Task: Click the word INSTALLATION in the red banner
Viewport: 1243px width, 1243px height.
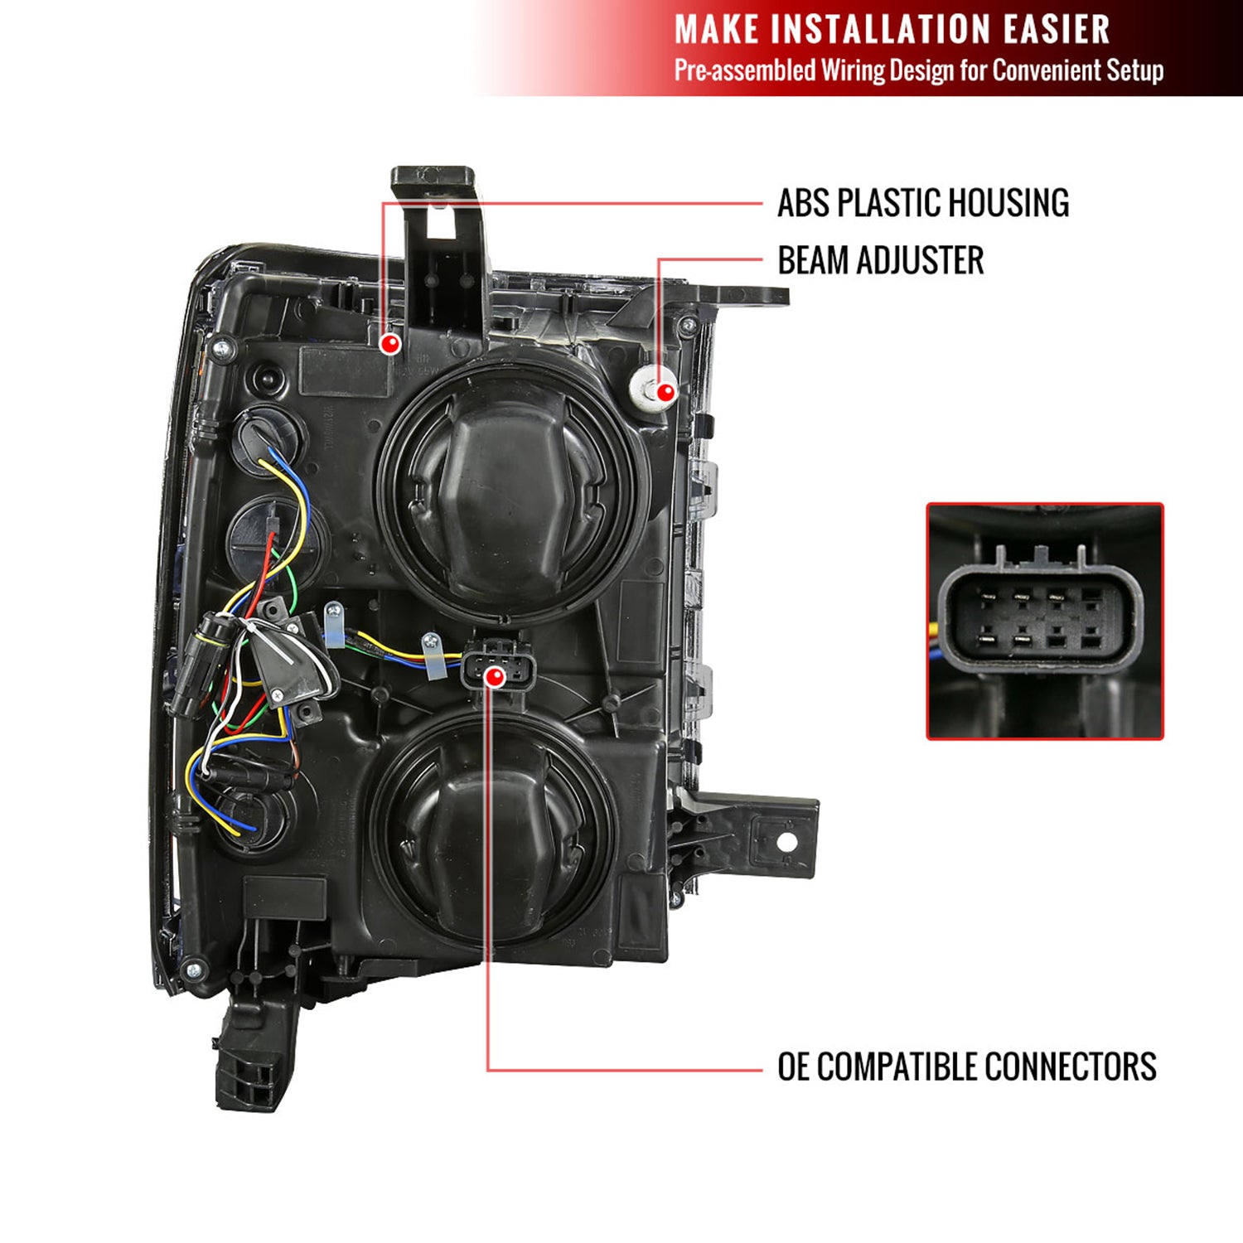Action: [883, 30]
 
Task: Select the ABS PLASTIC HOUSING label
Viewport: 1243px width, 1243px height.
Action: [923, 203]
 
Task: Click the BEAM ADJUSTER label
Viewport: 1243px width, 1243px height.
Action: [880, 260]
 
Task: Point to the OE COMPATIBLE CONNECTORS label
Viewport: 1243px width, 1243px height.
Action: [966, 1066]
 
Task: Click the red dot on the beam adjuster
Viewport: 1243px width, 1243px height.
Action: [665, 392]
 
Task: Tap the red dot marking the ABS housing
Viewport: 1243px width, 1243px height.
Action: [389, 343]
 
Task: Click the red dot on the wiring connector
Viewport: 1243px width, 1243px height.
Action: [495, 677]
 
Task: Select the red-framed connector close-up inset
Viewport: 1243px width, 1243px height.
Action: [1045, 621]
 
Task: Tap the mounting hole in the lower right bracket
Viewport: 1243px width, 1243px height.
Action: [786, 843]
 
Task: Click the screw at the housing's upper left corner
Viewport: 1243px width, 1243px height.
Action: [221, 349]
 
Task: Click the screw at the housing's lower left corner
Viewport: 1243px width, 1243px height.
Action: [193, 969]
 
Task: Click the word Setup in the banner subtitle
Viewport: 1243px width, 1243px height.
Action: [1134, 70]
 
